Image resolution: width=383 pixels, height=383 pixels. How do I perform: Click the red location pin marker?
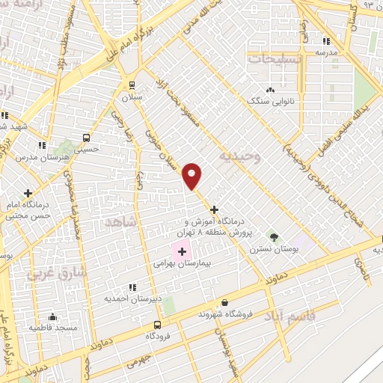tap(193, 175)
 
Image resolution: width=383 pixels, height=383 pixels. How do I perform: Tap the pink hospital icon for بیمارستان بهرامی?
tap(183, 252)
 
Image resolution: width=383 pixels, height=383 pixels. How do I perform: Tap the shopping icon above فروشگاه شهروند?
tap(224, 303)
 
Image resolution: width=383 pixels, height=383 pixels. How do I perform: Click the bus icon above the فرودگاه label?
tap(157, 325)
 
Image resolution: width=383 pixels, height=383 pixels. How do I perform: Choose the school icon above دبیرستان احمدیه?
tap(132, 287)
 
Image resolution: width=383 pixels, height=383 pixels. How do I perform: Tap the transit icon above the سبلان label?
tap(132, 85)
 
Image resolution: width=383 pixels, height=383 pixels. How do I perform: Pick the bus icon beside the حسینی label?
tap(86, 138)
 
